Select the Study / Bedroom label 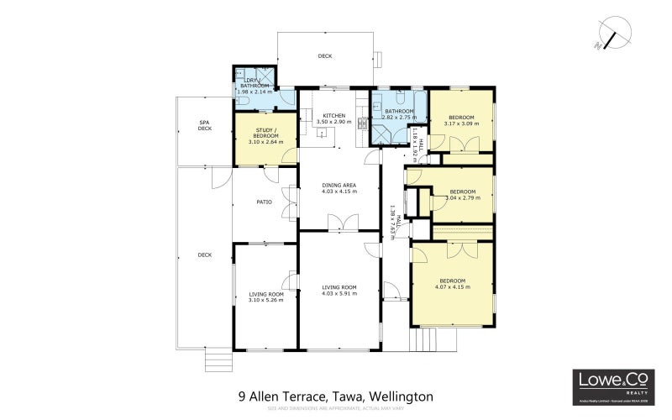[265, 135]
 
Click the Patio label [262, 202]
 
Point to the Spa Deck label [204, 126]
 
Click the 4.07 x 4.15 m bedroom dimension [452, 286]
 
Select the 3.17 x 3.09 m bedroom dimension [461, 124]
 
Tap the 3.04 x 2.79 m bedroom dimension [463, 197]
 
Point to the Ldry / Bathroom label [255, 83]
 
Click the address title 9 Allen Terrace [336, 395]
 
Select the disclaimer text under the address [336, 408]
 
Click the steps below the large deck [218, 360]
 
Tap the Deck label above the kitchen [324, 56]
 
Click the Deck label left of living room [204, 255]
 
